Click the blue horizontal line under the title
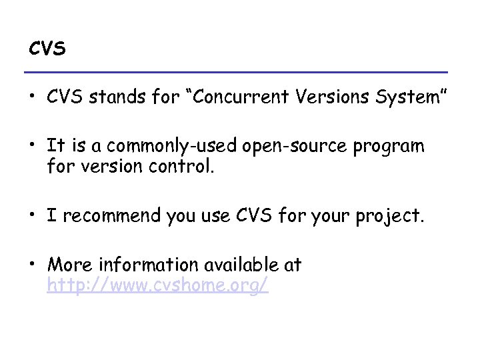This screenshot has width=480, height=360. click(235, 72)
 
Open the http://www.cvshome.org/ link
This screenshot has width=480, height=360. click(157, 285)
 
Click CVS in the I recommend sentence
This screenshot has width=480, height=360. click(264, 215)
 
